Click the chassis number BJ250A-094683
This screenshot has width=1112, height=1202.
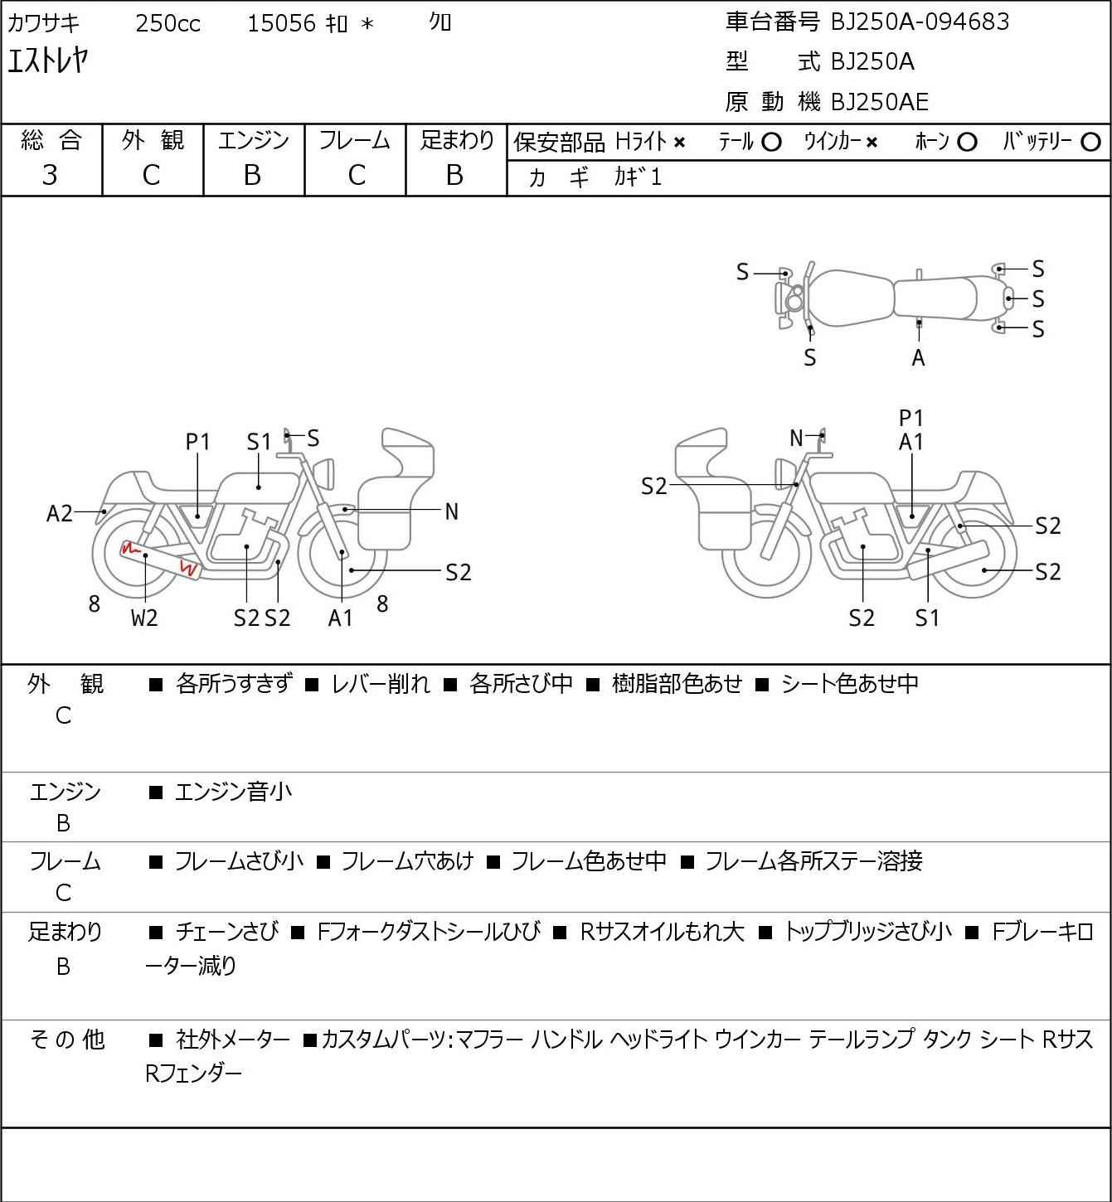tap(920, 22)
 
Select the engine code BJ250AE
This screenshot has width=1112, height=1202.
tap(880, 102)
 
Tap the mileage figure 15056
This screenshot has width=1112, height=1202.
tap(282, 23)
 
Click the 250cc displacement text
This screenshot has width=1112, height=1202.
tap(168, 23)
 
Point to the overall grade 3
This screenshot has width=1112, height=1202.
tap(50, 175)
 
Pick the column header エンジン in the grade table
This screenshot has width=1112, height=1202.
tap(253, 140)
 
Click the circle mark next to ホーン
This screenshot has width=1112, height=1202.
tap(967, 143)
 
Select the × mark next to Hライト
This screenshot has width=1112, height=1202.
tap(679, 143)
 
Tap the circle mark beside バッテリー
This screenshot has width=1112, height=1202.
tap(1090, 143)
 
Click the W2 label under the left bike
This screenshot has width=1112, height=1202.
tap(144, 618)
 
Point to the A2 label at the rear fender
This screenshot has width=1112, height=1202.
tap(60, 513)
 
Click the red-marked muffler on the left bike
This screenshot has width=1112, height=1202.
tap(159, 559)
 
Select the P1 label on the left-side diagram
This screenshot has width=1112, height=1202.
tap(197, 442)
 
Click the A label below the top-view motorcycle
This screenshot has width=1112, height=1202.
tap(918, 358)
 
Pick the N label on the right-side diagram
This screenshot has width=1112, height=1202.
tap(796, 438)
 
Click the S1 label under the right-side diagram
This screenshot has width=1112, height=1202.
tap(927, 618)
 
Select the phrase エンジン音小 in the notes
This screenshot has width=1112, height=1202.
tap(233, 792)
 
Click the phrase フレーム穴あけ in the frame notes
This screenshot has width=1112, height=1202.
tap(408, 860)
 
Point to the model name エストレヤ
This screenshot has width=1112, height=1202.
tap(48, 61)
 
